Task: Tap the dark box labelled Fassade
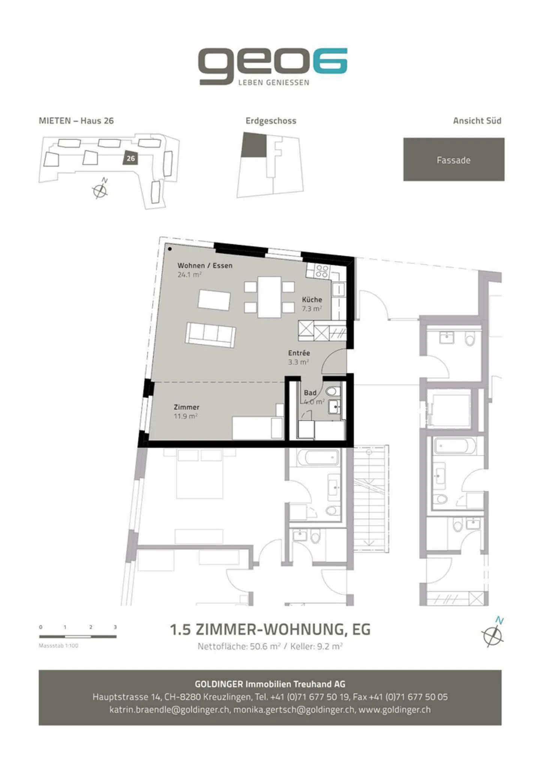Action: click(454, 159)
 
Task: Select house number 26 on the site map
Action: click(130, 158)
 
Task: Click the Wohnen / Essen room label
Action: click(205, 266)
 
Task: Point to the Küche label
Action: click(312, 300)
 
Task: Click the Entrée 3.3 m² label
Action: click(299, 357)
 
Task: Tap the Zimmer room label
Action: click(186, 407)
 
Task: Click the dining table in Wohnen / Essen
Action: click(269, 297)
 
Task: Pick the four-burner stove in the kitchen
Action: click(322, 271)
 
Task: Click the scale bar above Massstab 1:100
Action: click(78, 636)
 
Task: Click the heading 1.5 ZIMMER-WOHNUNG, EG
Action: click(270, 630)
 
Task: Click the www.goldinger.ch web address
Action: click(394, 710)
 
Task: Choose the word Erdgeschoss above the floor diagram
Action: click(271, 121)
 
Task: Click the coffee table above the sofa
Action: click(214, 300)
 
